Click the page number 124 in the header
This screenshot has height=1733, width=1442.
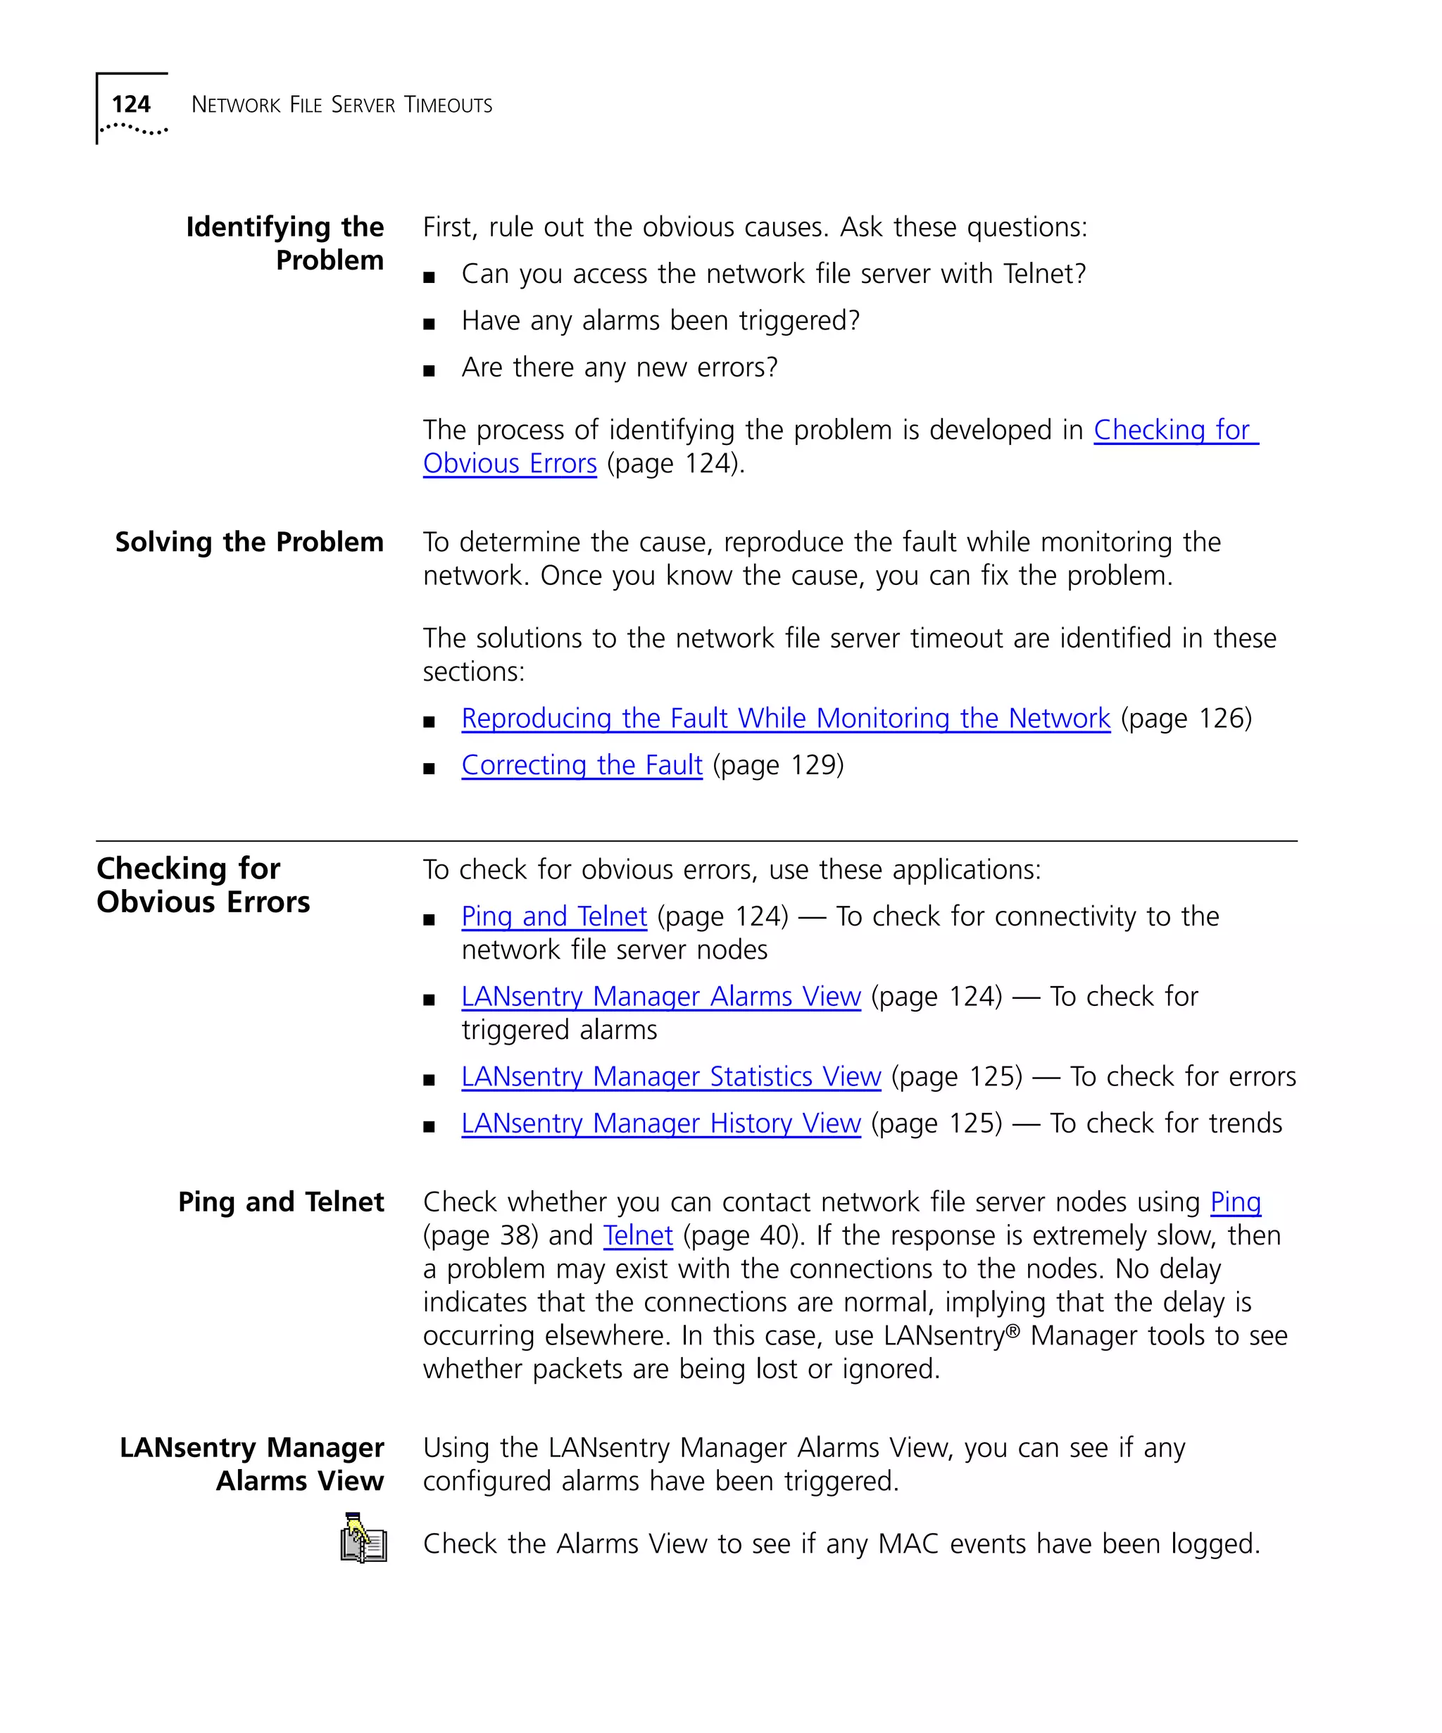[130, 104]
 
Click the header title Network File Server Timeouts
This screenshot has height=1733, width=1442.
[341, 105]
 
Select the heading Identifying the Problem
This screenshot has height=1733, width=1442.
[284, 243]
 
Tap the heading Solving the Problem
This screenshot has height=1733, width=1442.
[249, 542]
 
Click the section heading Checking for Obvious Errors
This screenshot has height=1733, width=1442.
[203, 885]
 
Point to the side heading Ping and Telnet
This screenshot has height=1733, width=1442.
[281, 1202]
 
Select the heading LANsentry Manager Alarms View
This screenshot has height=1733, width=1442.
[252, 1464]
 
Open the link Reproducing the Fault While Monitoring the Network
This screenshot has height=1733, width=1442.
[785, 719]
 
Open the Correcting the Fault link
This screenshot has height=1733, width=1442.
[581, 766]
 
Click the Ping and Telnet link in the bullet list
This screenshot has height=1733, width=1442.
[554, 917]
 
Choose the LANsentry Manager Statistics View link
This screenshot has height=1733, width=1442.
[670, 1077]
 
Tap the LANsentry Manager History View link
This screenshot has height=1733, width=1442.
[660, 1124]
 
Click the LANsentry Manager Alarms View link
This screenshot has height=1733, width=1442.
[660, 997]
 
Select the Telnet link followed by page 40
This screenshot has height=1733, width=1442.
[637, 1236]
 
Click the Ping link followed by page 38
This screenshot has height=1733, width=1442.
[1235, 1202]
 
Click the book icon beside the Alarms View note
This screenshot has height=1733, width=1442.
[363, 1539]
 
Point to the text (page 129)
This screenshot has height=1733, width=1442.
[777, 766]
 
